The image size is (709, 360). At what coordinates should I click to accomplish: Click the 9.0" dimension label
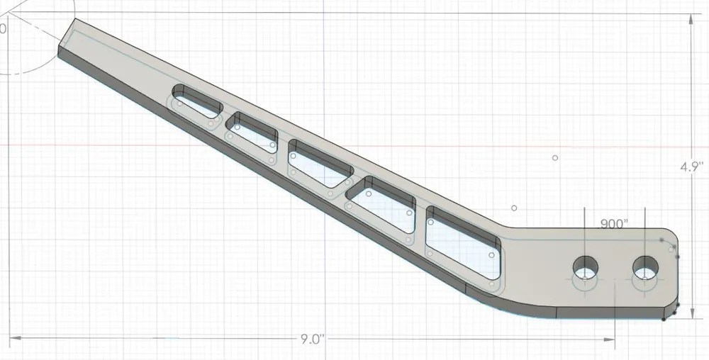click(311, 339)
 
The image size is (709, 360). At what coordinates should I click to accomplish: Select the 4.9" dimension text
click(691, 167)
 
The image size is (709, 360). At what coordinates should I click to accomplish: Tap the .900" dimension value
click(614, 224)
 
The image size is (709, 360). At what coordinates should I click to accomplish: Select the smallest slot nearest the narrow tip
click(197, 101)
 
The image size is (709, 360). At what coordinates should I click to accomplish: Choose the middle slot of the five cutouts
click(320, 164)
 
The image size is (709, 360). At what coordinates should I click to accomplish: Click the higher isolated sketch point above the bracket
click(555, 157)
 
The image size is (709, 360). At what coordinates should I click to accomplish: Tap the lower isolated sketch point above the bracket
click(514, 208)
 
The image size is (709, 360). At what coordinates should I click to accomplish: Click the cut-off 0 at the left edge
click(3, 29)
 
